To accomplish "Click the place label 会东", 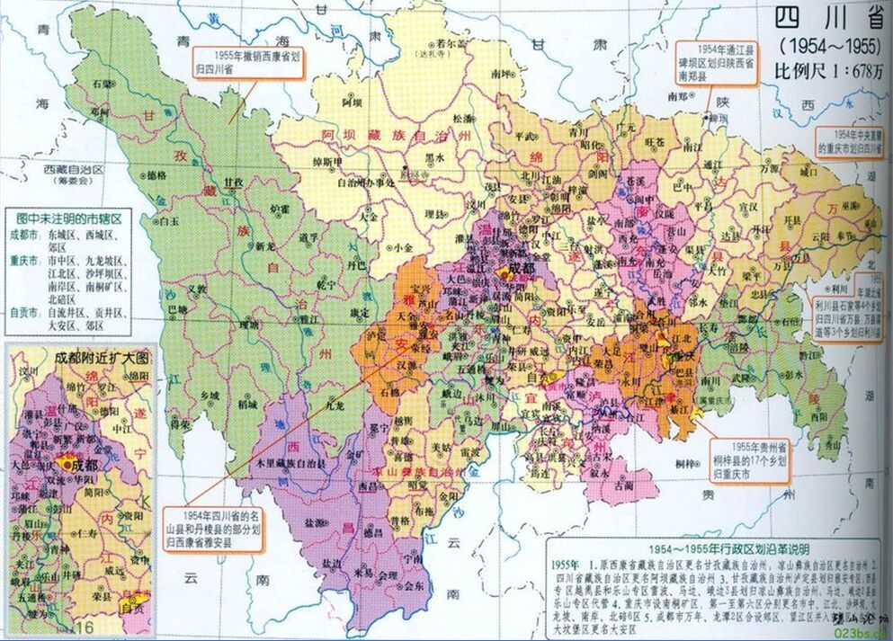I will click(x=412, y=583).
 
